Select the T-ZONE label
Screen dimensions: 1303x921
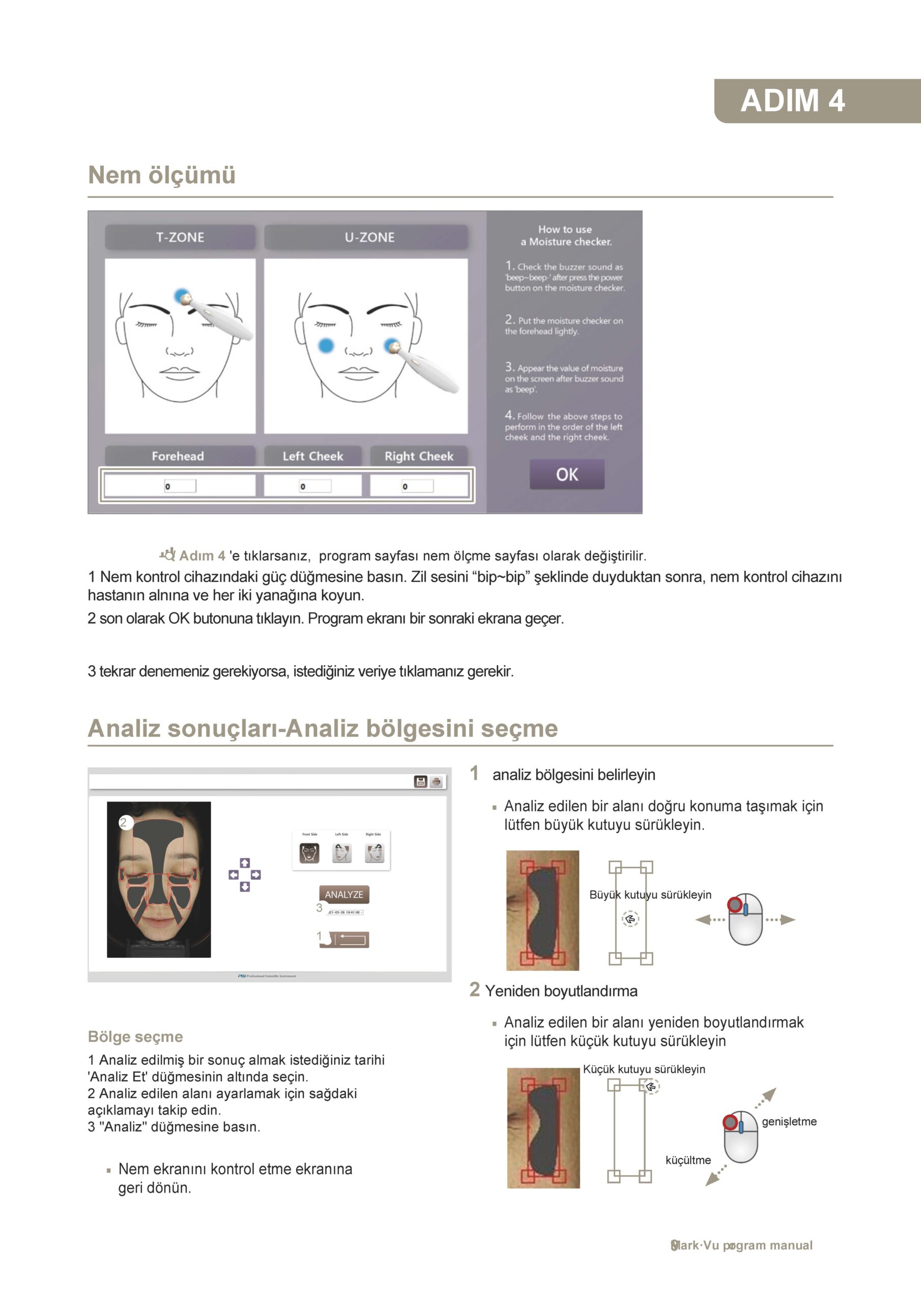tap(180, 237)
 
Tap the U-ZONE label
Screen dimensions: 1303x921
tap(369, 237)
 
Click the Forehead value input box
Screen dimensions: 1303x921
tap(180, 486)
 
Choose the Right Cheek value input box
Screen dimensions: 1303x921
tap(417, 486)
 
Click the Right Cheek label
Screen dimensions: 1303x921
tap(419, 456)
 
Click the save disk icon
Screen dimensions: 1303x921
tap(420, 781)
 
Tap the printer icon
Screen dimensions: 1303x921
tap(437, 782)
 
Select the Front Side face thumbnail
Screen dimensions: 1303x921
tap(309, 853)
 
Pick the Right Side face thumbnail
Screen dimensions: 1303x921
tap(374, 853)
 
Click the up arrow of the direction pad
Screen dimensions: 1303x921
tap(245, 863)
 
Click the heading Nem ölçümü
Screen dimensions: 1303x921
tap(162, 175)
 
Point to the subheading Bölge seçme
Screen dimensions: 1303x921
tap(135, 1036)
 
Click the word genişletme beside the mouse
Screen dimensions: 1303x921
tap(789, 1121)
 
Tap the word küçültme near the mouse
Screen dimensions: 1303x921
tap(688, 1160)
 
